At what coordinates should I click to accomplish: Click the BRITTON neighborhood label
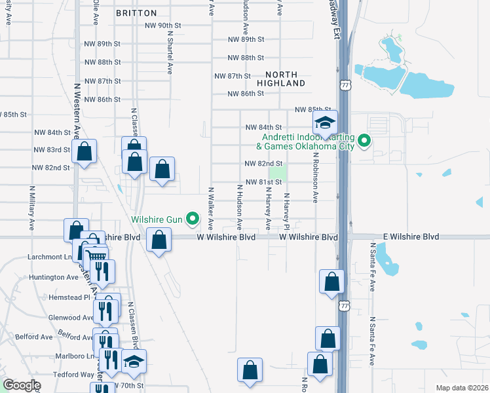point(136,13)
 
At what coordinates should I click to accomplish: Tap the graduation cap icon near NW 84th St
point(324,122)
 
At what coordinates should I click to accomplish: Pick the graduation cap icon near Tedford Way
point(134,362)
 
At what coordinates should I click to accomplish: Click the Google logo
point(22,385)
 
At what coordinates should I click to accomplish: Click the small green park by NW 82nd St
point(279,173)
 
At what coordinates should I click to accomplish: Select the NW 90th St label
point(162,26)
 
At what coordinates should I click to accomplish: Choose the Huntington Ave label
point(54,277)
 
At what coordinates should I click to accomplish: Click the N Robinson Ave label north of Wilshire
point(315,181)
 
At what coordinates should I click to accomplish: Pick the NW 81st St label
point(263,182)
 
